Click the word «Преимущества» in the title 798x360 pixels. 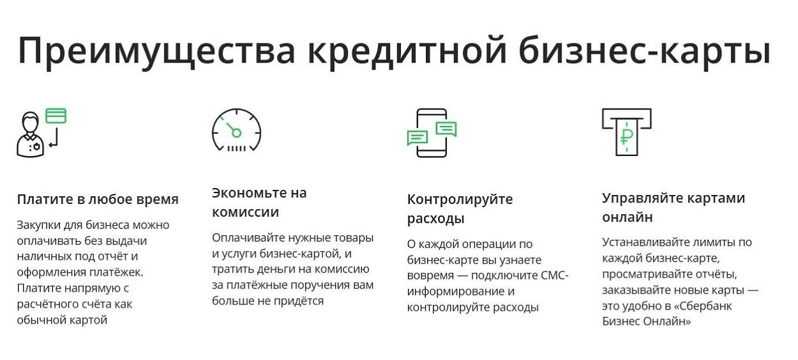tap(157, 51)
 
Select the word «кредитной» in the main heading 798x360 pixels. tap(407, 51)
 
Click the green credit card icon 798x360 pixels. tap(56, 116)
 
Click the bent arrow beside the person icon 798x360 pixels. tap(54, 137)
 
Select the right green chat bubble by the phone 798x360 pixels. tap(446, 129)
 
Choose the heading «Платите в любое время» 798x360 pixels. tap(98, 200)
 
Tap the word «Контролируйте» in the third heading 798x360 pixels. tap(460, 200)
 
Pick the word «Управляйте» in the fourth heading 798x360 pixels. tap(645, 198)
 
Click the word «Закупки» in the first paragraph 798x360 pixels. tap(38, 226)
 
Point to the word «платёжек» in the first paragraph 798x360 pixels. tap(116, 272)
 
